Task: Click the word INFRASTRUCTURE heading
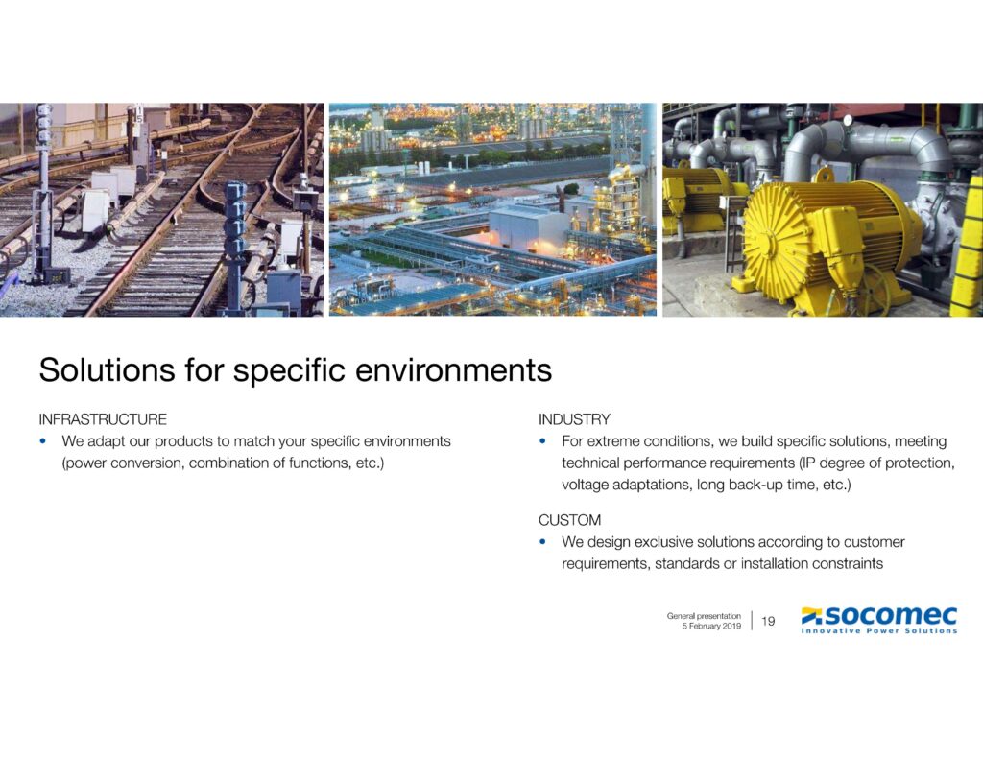pyautogui.click(x=103, y=419)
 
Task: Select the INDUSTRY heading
pyautogui.click(x=574, y=419)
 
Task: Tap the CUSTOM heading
pyautogui.click(x=569, y=520)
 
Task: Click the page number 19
pyautogui.click(x=768, y=622)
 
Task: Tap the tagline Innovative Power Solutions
pyautogui.click(x=879, y=631)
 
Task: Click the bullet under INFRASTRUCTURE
pyautogui.click(x=43, y=442)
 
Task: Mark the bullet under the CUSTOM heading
pyautogui.click(x=543, y=542)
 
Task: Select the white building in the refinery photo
pyautogui.click(x=526, y=228)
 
